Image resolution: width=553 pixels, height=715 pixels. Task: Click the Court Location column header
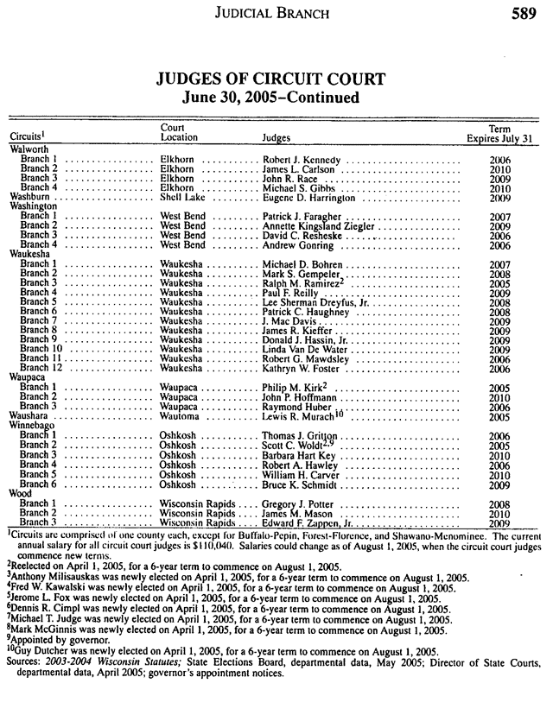coord(179,132)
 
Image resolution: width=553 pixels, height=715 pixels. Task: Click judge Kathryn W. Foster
coord(302,368)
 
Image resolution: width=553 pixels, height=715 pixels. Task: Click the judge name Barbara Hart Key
coord(298,455)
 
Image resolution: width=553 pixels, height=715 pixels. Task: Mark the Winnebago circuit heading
coord(32,426)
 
